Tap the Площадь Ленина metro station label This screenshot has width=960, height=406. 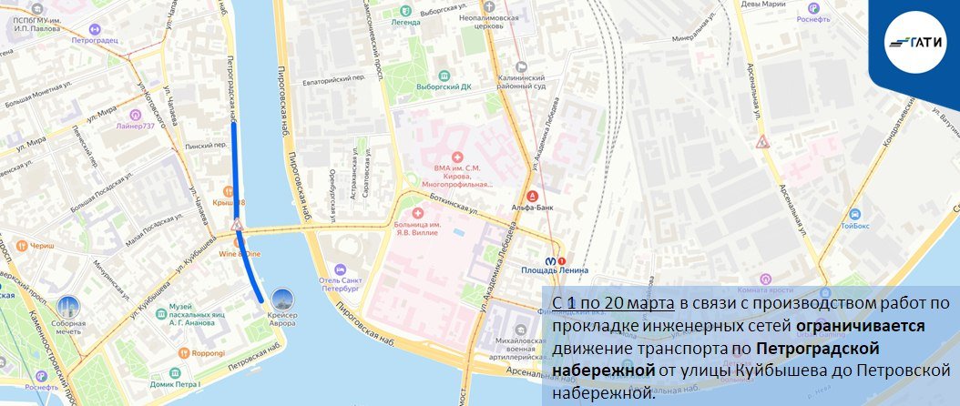point(555,269)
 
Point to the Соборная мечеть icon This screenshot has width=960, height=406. point(67,307)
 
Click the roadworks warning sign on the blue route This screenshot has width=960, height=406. point(236,224)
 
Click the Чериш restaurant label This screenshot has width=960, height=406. point(40,246)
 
